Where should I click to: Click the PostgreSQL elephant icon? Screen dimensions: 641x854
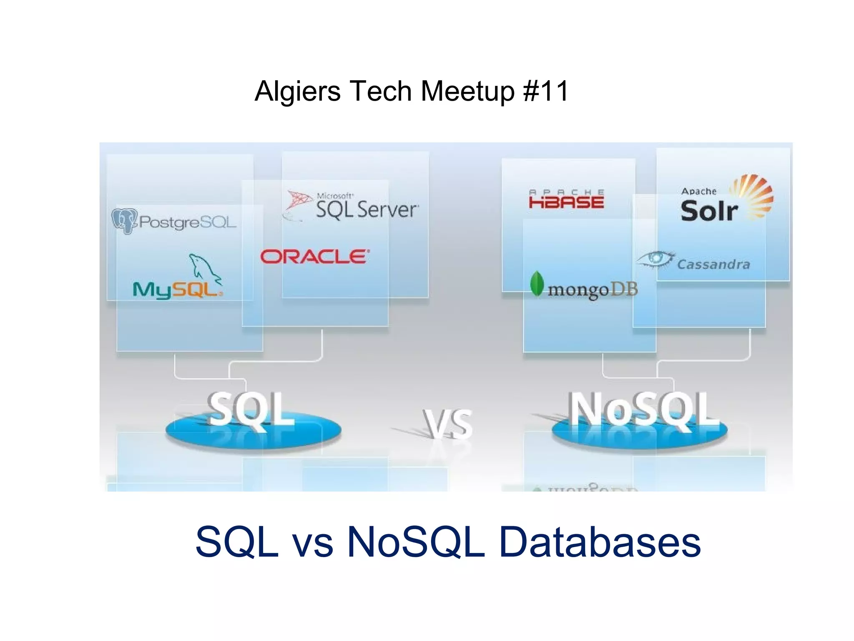[124, 221]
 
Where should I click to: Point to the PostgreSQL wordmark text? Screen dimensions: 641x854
[188, 222]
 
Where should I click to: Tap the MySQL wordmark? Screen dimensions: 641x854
[177, 289]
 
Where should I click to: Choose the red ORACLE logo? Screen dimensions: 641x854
[315, 257]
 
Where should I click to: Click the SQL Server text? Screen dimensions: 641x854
[366, 209]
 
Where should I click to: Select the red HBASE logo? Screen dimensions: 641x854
[566, 199]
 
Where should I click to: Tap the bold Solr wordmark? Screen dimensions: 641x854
[709, 211]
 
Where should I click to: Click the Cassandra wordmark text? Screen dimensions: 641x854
[713, 264]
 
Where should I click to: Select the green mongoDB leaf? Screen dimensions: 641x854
[537, 284]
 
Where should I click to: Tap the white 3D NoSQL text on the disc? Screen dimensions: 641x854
[644, 410]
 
